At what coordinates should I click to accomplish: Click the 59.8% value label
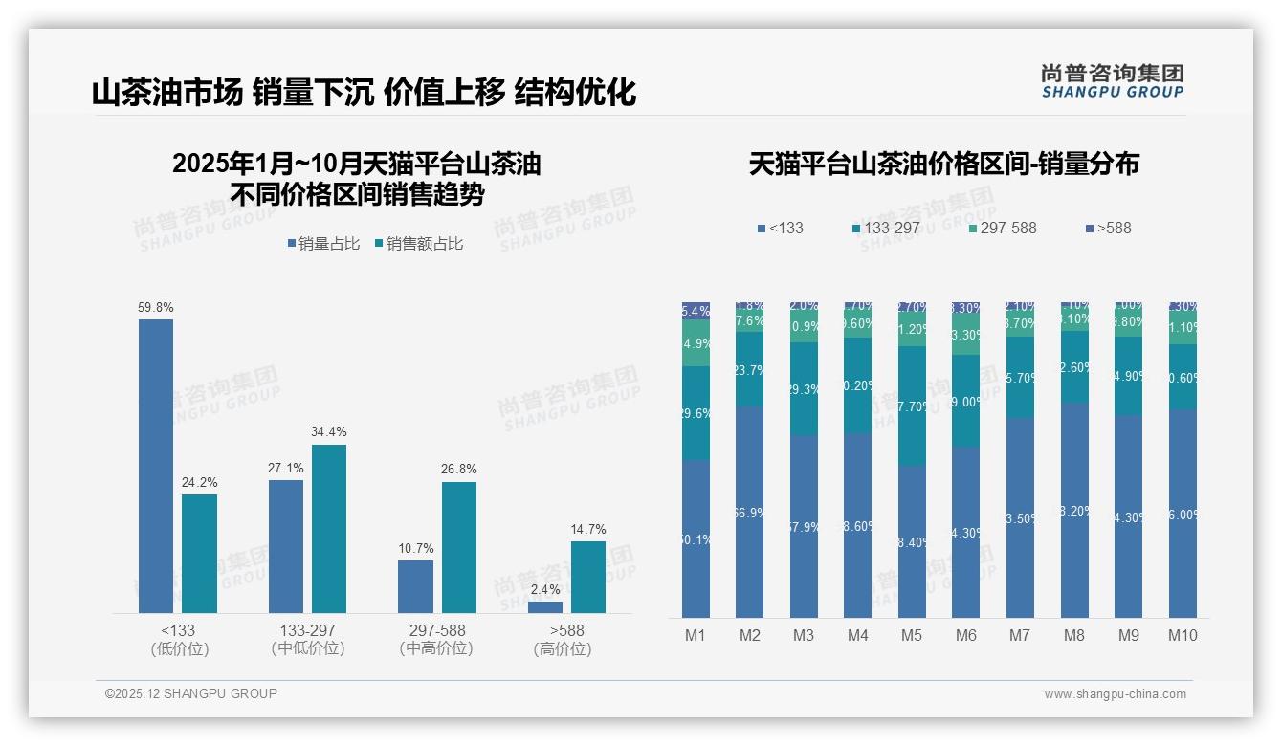click(x=156, y=308)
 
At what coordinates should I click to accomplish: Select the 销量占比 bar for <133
click(x=156, y=466)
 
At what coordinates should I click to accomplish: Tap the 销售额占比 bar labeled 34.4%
click(x=329, y=528)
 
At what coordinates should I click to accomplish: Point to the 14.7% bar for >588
click(x=588, y=577)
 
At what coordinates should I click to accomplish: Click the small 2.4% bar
click(x=545, y=606)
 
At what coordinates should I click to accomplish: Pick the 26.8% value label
click(x=459, y=470)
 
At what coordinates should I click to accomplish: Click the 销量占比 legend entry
click(x=322, y=244)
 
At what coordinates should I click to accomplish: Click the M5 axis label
click(x=912, y=635)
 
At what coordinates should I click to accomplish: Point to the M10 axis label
click(x=1183, y=635)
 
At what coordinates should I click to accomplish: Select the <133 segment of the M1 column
click(x=696, y=538)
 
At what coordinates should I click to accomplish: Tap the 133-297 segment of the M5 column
click(x=912, y=406)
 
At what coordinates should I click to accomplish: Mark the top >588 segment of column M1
click(x=696, y=311)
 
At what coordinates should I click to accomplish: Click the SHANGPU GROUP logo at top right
click(x=1112, y=81)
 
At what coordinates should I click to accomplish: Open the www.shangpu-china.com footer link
click(x=1115, y=694)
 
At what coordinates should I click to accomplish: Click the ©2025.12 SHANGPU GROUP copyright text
click(x=191, y=693)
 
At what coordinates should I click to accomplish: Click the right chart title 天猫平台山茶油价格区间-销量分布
click(x=943, y=165)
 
